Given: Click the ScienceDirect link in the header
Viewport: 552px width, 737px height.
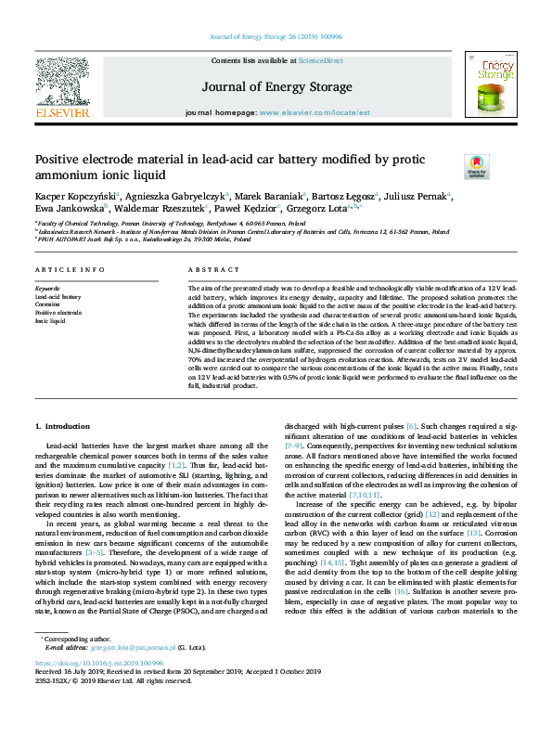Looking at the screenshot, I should point(320,60).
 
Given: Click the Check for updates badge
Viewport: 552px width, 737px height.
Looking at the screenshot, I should point(477,166).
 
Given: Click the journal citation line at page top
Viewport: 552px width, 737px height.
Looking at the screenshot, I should point(276,36).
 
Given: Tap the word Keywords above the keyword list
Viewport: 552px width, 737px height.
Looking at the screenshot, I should point(46,289).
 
